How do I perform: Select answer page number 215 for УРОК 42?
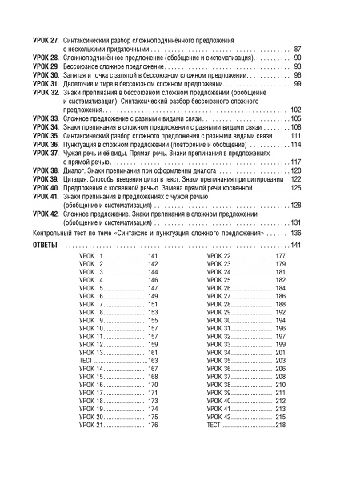280,417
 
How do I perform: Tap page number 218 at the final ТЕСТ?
280,426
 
